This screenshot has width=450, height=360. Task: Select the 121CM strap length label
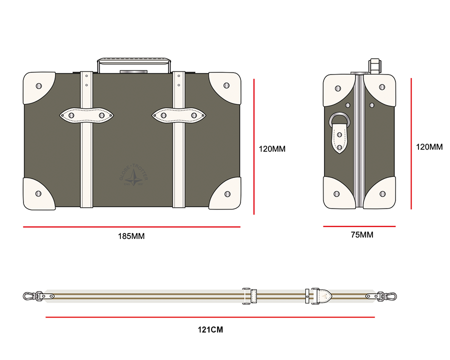pos(210,329)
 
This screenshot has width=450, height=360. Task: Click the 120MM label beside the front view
pos(272,148)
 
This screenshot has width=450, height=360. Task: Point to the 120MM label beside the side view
pos(429,147)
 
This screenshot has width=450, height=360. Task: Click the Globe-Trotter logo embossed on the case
pos(133,176)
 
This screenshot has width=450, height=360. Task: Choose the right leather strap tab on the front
pos(178,115)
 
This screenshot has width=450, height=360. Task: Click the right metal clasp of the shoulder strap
pos(389,296)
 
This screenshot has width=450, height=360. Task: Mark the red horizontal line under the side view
pos(359,226)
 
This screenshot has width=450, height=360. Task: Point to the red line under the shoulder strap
pos(210,317)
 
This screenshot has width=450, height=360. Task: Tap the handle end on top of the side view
pos(375,65)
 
